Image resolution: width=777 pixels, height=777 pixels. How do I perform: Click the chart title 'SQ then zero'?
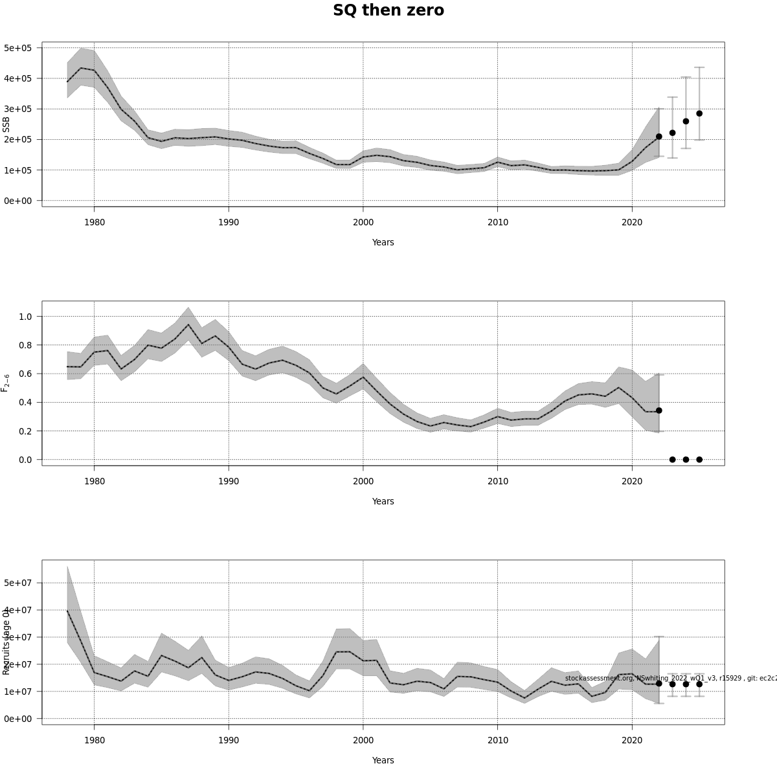(388, 10)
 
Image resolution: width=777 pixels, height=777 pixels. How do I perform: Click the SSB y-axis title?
(6, 124)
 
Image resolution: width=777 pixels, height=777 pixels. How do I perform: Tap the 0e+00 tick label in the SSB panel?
(18, 201)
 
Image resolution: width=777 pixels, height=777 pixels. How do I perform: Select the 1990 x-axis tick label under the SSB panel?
(229, 222)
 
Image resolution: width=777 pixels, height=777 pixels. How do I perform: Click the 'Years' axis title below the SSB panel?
(383, 242)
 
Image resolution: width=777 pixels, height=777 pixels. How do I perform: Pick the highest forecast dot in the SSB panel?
(699, 113)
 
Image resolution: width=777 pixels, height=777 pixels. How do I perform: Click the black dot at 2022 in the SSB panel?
(659, 137)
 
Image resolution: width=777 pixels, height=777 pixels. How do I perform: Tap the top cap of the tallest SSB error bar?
(699, 67)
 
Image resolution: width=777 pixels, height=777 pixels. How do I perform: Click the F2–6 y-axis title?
(6, 382)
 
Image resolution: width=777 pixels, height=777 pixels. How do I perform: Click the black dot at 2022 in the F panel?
(659, 411)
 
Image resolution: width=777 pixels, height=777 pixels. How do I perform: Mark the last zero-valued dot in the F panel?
(699, 460)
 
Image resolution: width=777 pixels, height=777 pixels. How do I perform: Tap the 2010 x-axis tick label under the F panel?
(497, 481)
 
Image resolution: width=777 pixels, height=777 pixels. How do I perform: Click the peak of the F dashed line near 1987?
(188, 324)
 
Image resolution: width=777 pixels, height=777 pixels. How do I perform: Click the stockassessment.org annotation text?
(670, 678)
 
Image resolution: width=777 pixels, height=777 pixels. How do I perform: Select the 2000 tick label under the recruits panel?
(363, 740)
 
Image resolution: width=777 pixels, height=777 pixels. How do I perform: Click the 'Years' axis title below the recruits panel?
(383, 760)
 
